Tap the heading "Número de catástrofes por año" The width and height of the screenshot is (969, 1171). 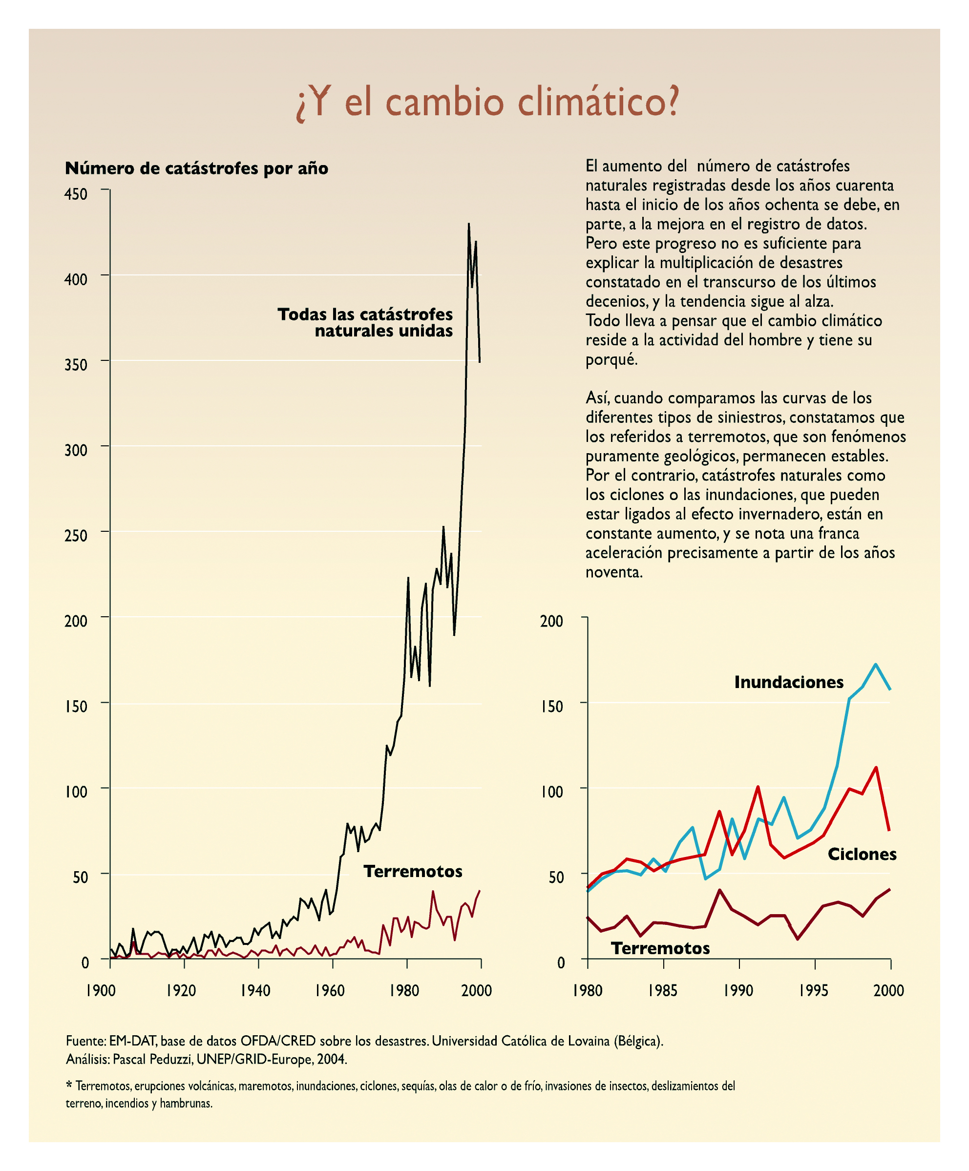196,168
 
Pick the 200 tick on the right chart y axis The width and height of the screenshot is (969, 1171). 551,621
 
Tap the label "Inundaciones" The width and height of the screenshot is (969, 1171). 788,683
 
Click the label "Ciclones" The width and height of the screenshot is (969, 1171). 862,854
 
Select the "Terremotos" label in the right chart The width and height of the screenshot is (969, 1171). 660,948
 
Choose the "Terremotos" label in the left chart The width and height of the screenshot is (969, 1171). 412,872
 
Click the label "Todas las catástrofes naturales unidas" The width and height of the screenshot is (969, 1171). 365,323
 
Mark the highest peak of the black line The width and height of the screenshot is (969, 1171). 468,224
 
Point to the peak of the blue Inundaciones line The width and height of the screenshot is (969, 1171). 876,664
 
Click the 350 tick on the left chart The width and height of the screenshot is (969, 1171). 76,365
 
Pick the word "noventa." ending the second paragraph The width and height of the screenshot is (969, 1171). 613,572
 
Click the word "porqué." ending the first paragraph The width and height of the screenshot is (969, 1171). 611,360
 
